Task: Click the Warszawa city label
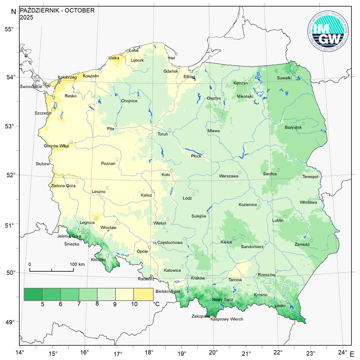229,176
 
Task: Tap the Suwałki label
284,78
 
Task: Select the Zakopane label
200,316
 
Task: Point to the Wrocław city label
108,227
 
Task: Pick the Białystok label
293,127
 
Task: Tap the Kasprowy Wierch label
227,319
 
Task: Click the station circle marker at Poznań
118,160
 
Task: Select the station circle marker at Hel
176,54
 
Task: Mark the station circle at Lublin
285,217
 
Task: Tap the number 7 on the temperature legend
79,304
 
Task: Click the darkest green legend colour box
33,294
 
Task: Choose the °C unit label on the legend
157,304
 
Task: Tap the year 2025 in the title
27,17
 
